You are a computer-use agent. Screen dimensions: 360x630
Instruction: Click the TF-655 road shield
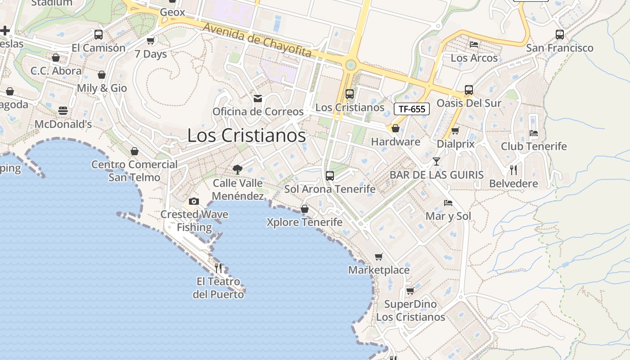(412, 108)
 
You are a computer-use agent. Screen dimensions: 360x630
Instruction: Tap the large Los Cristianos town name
(246, 135)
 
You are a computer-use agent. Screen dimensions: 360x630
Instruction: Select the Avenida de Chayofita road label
(257, 40)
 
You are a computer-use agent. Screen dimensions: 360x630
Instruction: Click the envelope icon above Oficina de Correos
(258, 98)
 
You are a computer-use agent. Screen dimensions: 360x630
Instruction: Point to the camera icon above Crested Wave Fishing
(194, 201)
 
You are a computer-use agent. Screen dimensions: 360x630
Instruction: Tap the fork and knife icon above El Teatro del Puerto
(218, 268)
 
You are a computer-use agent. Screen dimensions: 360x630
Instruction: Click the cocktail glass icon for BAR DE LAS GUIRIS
(436, 161)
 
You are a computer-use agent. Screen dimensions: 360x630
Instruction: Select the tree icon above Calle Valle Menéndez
(237, 170)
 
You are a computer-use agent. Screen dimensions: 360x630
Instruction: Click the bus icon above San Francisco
(560, 34)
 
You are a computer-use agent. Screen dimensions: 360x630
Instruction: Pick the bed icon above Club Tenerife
(534, 133)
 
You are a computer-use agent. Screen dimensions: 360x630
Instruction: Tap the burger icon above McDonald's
(63, 111)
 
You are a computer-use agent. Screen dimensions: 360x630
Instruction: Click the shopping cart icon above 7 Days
(151, 40)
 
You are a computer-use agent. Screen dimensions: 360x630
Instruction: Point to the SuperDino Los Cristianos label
(410, 310)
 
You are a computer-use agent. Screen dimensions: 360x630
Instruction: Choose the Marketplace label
(379, 270)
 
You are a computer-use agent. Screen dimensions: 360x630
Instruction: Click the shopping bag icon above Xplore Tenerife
(305, 209)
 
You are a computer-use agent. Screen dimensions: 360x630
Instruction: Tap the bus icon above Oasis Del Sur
(469, 90)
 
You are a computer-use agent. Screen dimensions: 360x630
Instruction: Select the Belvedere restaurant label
(513, 184)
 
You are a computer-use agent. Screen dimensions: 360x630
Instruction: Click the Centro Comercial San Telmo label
(135, 171)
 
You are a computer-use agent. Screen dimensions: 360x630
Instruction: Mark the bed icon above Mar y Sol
(448, 202)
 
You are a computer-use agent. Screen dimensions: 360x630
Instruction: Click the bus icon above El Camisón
(99, 34)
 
